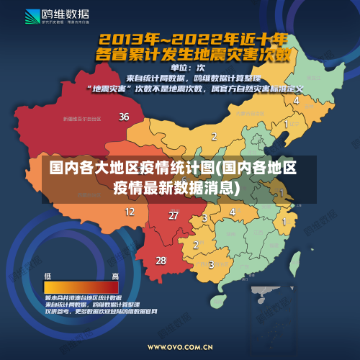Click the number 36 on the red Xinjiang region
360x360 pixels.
(124, 116)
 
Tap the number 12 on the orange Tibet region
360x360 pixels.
(130, 212)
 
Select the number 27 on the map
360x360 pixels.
(174, 215)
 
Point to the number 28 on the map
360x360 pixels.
(161, 260)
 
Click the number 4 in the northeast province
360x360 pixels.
(296, 101)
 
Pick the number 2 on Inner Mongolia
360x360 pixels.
(213, 135)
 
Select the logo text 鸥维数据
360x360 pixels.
(66, 13)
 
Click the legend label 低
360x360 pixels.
(48, 276)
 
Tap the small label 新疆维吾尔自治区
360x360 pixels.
(82, 119)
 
